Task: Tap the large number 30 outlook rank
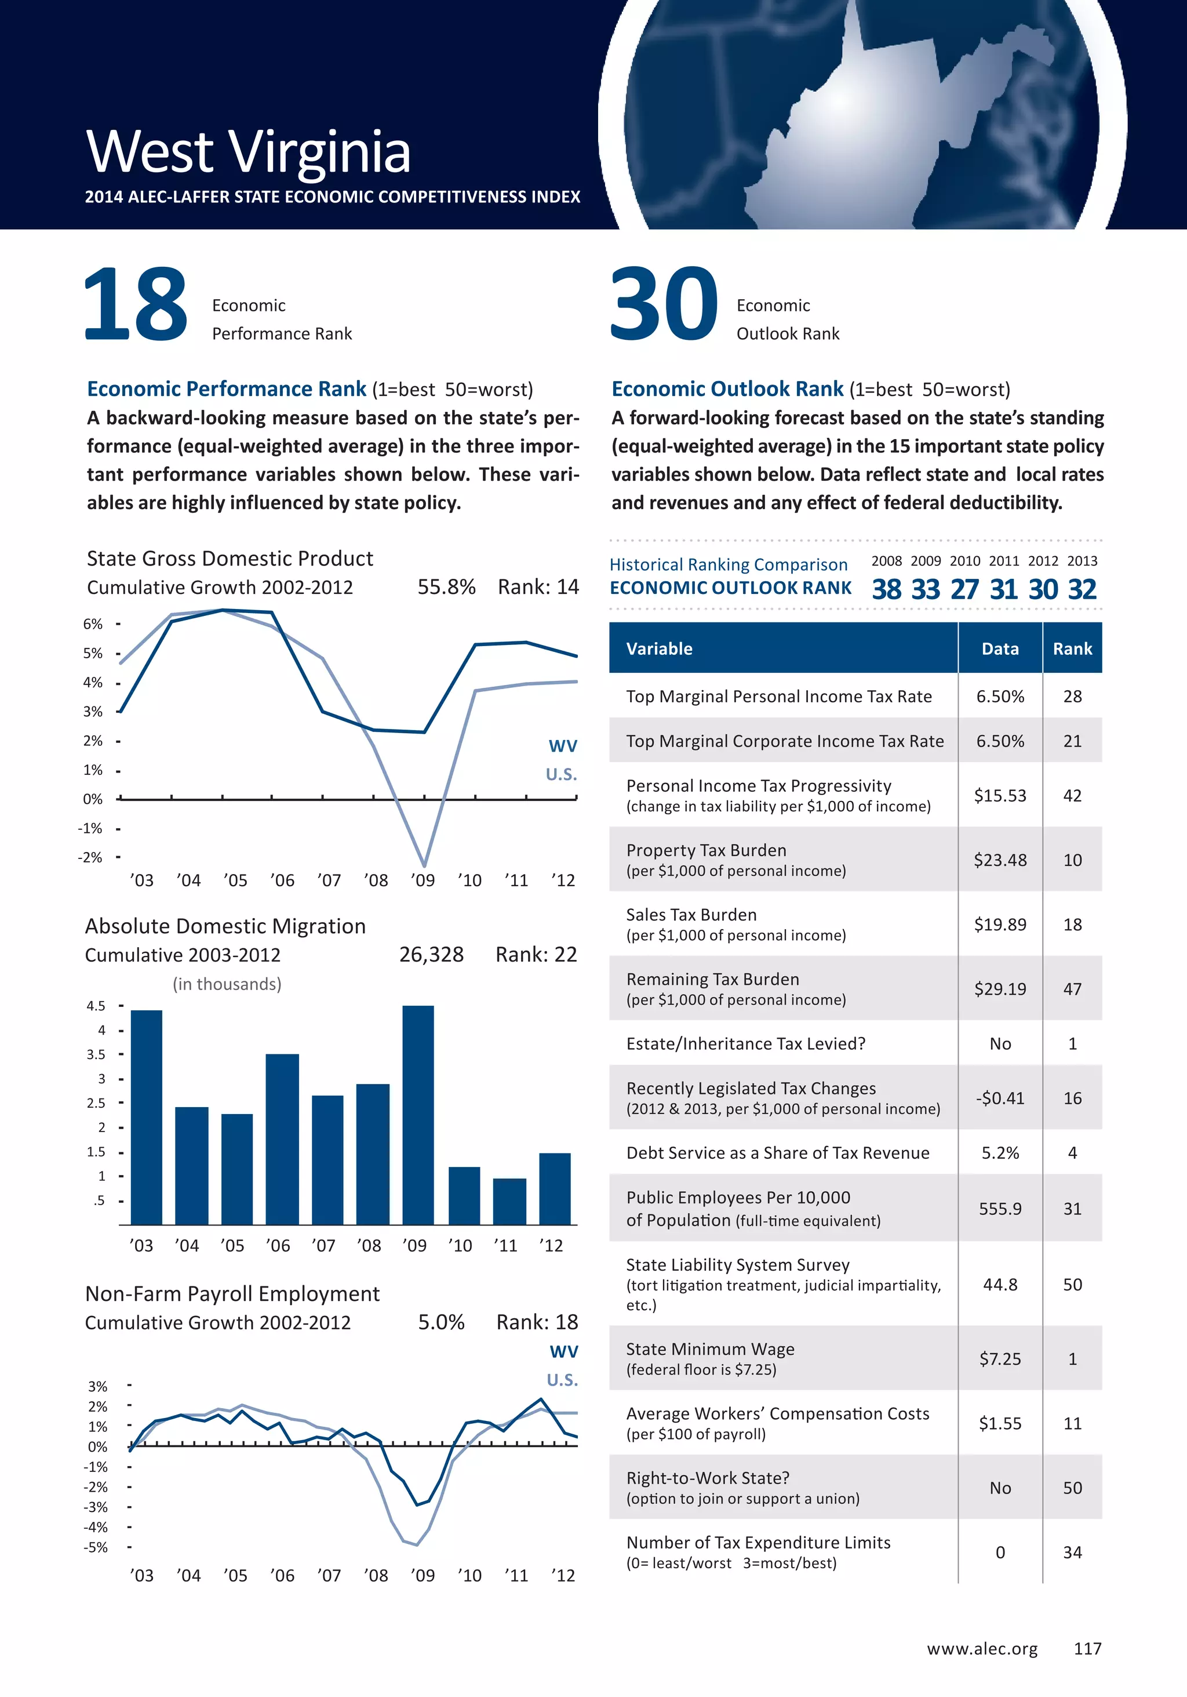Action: (662, 304)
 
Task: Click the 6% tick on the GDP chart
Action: (93, 624)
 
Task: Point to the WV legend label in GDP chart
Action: (562, 746)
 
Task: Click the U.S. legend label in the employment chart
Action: (562, 1380)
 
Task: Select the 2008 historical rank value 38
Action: (886, 589)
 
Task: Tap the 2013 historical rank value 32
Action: (1082, 589)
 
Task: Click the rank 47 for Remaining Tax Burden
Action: (1072, 989)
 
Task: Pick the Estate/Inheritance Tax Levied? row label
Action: (745, 1043)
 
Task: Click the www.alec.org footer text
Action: (982, 1648)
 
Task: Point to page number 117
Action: (1087, 1648)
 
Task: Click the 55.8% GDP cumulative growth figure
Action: (446, 587)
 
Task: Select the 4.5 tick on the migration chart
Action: (96, 1006)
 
